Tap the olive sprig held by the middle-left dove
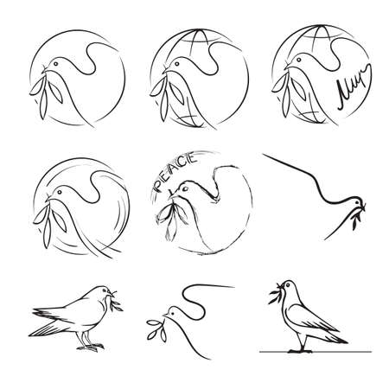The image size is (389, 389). pyautogui.click(x=48, y=202)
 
